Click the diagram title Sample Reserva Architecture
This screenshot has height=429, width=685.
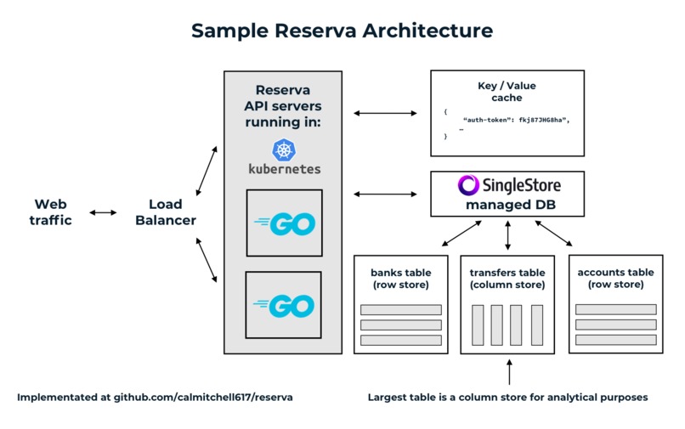pyautogui.click(x=342, y=31)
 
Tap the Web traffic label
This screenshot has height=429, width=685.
pyautogui.click(x=52, y=212)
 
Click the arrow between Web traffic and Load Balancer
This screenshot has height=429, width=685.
pyautogui.click(x=103, y=212)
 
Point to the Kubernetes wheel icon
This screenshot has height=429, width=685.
pyautogui.click(x=283, y=150)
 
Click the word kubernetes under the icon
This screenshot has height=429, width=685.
pyautogui.click(x=284, y=168)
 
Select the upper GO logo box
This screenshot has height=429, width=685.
pyautogui.click(x=284, y=223)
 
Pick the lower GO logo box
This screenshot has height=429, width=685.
pyautogui.click(x=283, y=305)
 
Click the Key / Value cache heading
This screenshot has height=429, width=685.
pyautogui.click(x=507, y=92)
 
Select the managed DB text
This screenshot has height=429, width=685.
pyautogui.click(x=507, y=205)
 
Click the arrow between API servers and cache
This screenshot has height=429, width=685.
pyautogui.click(x=387, y=112)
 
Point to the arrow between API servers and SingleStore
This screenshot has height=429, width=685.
pyautogui.click(x=387, y=195)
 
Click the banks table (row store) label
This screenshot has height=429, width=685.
pyautogui.click(x=400, y=279)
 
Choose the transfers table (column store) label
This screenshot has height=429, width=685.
pyautogui.click(x=507, y=279)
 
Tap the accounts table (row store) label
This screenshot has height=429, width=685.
pyautogui.click(x=615, y=279)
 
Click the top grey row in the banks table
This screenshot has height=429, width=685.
pyautogui.click(x=400, y=309)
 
